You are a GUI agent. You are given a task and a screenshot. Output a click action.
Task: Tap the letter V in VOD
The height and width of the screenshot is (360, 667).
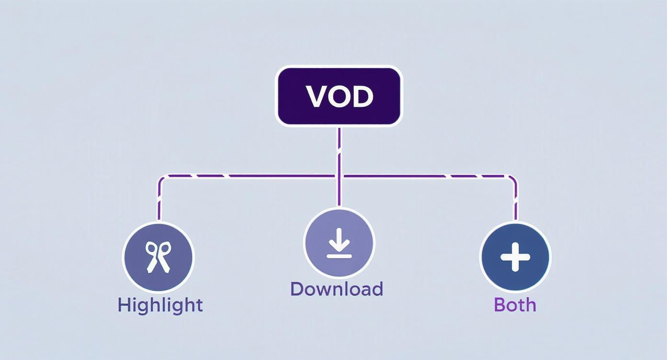click(316, 97)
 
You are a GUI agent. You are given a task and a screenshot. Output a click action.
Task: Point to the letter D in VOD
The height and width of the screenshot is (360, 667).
click(362, 97)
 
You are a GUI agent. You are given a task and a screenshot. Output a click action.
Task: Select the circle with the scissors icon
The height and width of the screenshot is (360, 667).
click(158, 257)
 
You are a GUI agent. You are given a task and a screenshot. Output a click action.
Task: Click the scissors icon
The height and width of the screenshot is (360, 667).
click(158, 257)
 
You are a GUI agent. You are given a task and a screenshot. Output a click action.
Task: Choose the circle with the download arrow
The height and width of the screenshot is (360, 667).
click(339, 242)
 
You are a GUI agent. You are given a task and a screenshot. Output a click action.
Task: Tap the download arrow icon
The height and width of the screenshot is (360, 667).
click(339, 243)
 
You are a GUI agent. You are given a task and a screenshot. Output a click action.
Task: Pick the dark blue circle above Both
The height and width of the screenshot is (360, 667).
click(515, 257)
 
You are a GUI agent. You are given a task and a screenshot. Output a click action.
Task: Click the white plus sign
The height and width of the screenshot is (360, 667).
click(515, 257)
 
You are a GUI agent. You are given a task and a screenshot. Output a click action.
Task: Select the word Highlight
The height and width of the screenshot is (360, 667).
click(160, 305)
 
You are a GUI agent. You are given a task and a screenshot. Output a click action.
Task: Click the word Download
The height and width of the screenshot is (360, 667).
click(336, 289)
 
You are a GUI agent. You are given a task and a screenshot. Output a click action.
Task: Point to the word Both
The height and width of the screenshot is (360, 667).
click(515, 305)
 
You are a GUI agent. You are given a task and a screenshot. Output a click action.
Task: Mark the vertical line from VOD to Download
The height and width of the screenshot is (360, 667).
click(339, 163)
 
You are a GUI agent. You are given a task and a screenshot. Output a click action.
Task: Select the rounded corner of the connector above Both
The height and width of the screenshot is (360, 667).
click(513, 179)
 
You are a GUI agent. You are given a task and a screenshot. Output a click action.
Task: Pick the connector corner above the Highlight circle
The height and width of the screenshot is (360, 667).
click(162, 179)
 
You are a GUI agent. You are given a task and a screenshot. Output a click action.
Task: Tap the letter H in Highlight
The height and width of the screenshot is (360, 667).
click(124, 305)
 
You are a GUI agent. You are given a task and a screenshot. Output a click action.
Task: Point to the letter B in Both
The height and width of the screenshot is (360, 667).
click(499, 305)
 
